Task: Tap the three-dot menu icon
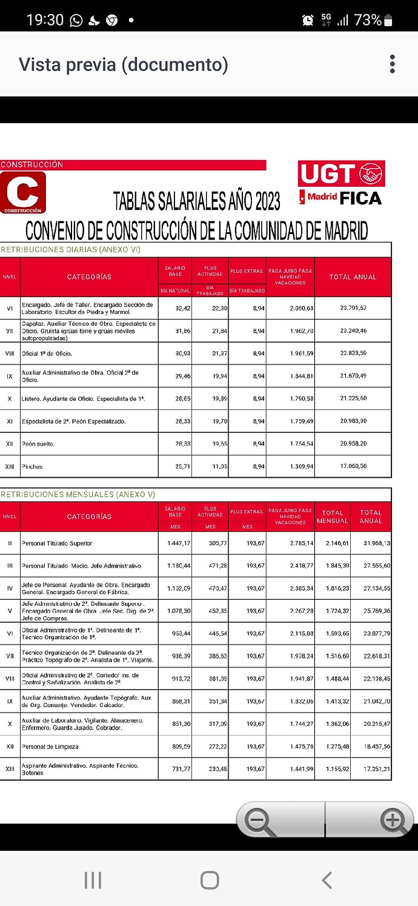coord(393,64)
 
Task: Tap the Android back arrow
coord(327,880)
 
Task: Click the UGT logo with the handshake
coord(342,174)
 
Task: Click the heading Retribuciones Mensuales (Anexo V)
coord(78,494)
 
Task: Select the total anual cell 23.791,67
coord(353,308)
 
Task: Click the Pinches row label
coord(32,466)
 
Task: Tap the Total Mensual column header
coord(333,517)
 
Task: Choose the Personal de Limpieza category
coord(50,747)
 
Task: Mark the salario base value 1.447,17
coord(179,543)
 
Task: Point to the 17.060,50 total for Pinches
coord(353,466)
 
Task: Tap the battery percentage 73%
coord(368,20)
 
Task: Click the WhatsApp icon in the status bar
coord(76,21)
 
